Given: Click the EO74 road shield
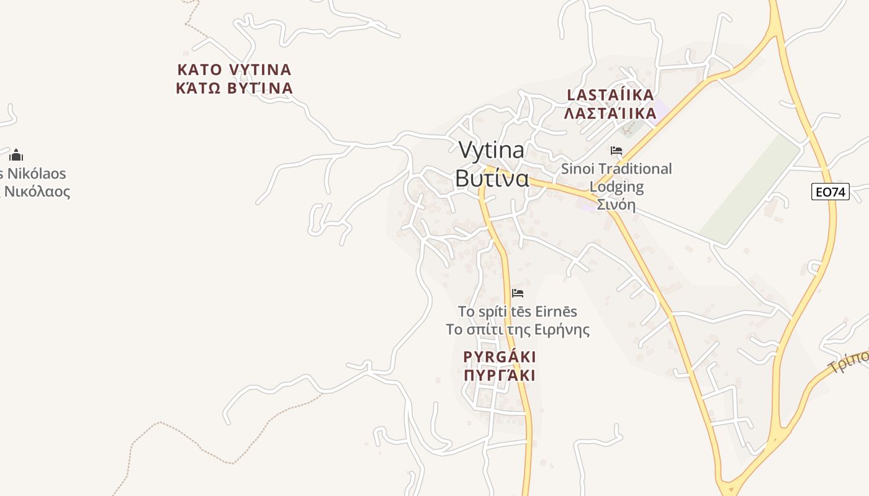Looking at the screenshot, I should (831, 192).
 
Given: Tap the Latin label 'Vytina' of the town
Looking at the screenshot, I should (492, 150).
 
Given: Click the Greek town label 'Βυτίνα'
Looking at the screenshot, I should (492, 179).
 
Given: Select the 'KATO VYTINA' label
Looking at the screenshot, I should (234, 69).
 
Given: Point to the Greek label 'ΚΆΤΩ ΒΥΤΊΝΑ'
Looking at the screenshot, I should (234, 88).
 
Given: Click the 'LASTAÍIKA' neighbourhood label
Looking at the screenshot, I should (611, 95).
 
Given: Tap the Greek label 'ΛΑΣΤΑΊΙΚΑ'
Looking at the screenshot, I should (611, 113).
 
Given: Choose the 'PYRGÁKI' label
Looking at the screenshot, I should (500, 357).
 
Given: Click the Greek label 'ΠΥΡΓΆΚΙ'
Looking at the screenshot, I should (500, 376).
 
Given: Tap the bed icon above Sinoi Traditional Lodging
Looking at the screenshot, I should (616, 151).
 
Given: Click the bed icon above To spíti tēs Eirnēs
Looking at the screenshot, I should (518, 293).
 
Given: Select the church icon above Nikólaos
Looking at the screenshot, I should (16, 155).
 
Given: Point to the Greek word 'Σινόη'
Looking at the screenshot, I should (616, 205).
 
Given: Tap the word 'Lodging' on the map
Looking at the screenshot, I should (616, 187).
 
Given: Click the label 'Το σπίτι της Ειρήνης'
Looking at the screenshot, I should (518, 330).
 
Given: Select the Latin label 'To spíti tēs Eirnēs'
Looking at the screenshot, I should (518, 311).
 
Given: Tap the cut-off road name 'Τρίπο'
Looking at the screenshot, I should (850, 363).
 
